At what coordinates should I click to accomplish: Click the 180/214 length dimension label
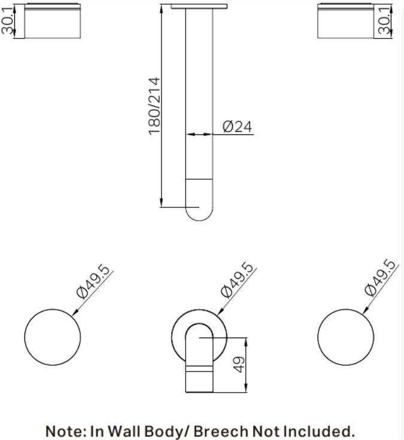(154, 106)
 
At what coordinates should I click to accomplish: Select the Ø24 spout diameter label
(237, 126)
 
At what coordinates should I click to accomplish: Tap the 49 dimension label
(239, 364)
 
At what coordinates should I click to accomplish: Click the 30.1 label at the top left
(7, 21)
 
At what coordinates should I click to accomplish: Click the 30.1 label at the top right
(384, 21)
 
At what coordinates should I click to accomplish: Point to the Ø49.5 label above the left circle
(93, 282)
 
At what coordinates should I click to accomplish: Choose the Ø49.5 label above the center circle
(238, 280)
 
